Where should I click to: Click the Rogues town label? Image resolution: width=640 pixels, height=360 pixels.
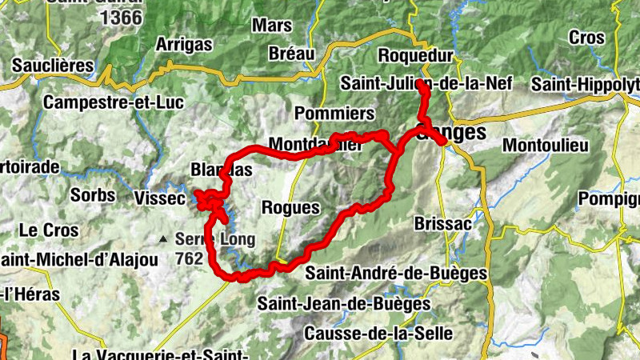tap(290, 207)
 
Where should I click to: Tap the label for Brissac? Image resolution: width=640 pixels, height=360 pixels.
tap(443, 223)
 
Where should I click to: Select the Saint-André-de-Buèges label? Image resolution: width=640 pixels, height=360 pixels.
tap(396, 273)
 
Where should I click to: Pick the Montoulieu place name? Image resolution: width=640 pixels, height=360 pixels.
tap(546, 146)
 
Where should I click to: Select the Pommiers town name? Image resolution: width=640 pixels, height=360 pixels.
tap(334, 112)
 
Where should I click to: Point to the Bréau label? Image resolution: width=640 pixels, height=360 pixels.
tap(292, 54)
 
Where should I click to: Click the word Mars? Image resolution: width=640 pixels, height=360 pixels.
tap(272, 25)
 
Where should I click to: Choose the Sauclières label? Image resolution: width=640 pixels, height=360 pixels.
tap(50, 64)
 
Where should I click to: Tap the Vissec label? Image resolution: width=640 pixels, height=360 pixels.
tap(162, 198)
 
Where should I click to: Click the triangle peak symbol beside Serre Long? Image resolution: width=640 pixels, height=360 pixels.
tap(163, 238)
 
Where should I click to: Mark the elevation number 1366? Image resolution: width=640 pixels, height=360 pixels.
tap(122, 17)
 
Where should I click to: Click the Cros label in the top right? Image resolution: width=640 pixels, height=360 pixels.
tap(587, 37)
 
